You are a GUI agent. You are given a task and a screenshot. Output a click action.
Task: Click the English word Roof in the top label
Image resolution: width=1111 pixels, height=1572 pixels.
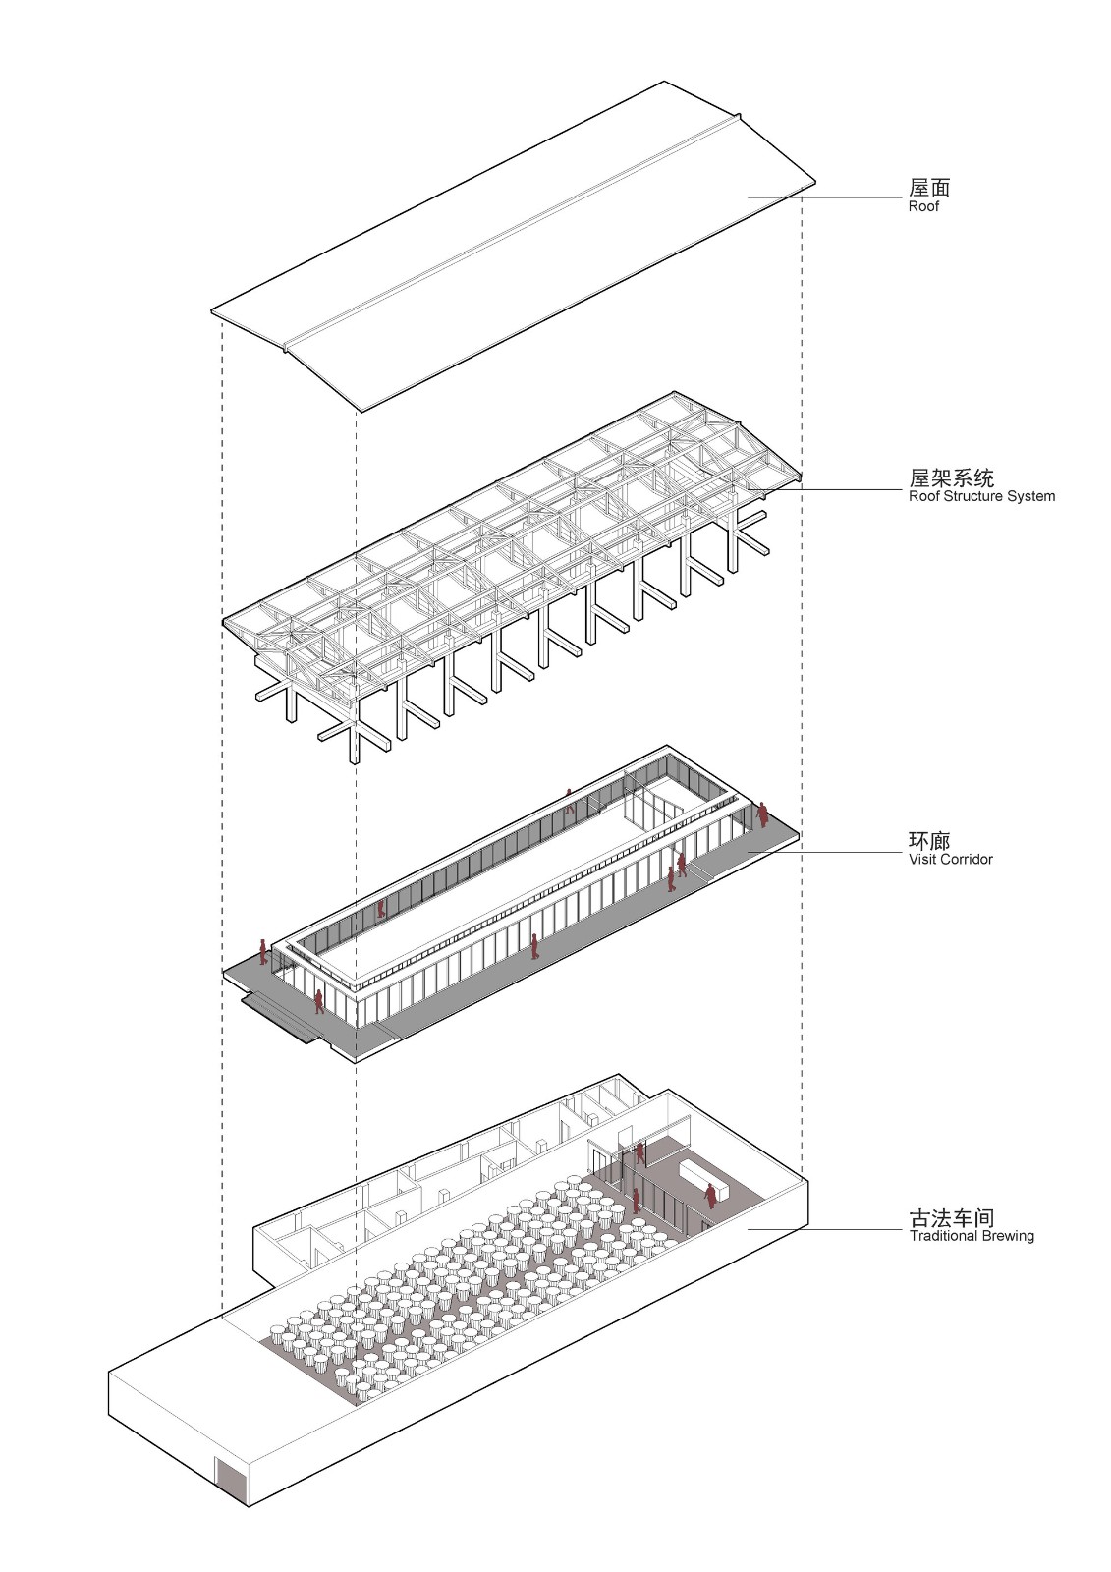(923, 207)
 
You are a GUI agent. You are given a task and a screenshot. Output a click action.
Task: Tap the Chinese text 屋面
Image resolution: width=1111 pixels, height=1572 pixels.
(928, 187)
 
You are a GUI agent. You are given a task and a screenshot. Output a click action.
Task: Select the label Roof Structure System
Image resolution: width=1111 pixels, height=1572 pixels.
(981, 496)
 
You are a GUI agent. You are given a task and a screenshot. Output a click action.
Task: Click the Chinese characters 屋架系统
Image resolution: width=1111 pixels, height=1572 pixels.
(951, 477)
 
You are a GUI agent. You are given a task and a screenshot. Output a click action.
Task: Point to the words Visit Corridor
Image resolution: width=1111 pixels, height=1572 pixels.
(950, 859)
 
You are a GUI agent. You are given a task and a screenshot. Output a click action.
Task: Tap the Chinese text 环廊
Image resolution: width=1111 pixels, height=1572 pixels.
(928, 840)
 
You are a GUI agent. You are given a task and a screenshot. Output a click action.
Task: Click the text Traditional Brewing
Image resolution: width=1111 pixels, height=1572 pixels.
(971, 1236)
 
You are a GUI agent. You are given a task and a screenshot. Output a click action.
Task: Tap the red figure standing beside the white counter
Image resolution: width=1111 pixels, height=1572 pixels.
(710, 1196)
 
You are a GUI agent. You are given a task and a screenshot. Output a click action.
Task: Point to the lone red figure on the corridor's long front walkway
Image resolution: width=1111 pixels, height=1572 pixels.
(534, 946)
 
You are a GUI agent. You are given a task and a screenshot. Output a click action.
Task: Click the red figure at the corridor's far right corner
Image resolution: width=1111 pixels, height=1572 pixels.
(762, 814)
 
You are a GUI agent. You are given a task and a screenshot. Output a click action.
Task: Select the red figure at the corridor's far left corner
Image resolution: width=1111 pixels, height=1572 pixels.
(263, 950)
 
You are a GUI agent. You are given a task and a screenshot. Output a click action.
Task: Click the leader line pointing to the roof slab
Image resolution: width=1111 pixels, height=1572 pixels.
(825, 198)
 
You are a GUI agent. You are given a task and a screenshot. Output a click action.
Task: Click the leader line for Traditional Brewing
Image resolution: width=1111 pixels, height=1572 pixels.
(825, 1228)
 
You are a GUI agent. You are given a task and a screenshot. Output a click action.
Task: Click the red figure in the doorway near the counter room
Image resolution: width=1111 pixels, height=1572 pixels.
(639, 1152)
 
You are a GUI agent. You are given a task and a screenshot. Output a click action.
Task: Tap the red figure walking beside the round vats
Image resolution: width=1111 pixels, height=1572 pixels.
(636, 1199)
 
